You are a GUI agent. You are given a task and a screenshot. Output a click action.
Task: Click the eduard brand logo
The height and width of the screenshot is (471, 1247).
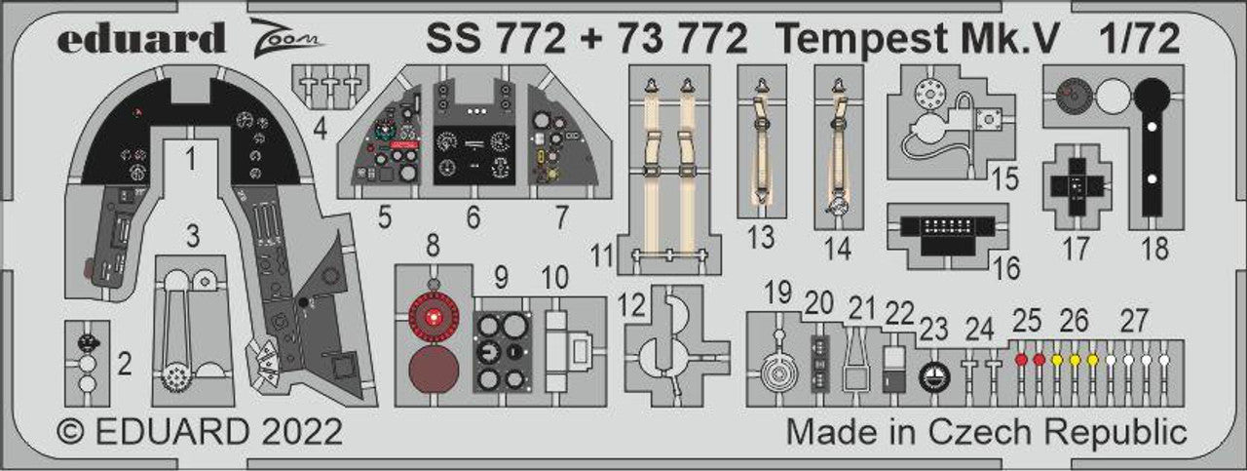click(x=141, y=38)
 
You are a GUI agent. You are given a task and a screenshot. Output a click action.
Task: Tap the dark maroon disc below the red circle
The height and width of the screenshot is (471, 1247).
click(x=434, y=370)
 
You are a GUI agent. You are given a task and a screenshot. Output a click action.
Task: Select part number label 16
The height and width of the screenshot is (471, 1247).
click(x=1006, y=268)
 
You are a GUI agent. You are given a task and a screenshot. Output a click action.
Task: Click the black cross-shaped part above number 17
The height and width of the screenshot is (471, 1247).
click(x=1077, y=186)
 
